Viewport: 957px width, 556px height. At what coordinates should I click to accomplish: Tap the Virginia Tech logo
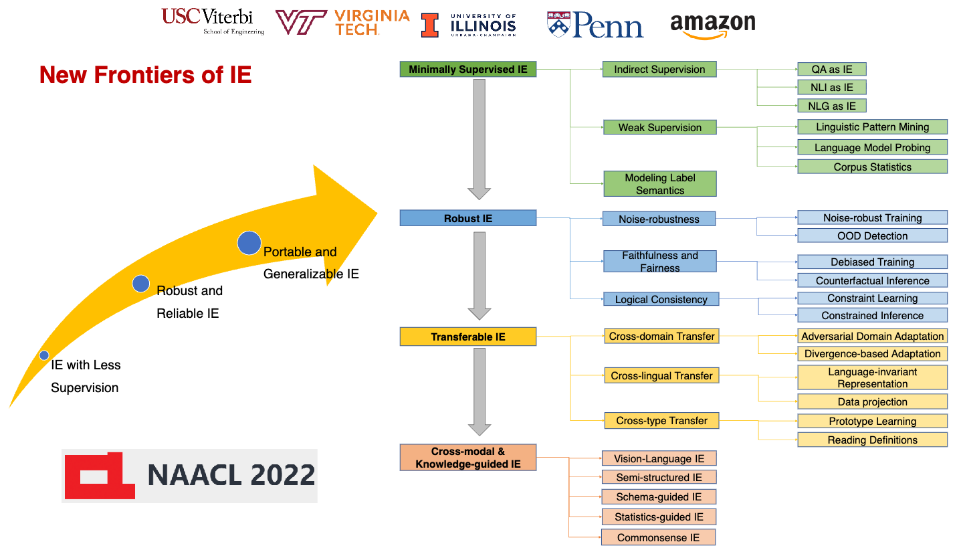342,22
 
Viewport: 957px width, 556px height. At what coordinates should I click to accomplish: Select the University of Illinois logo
468,25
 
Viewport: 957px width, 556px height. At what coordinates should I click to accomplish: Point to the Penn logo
595,25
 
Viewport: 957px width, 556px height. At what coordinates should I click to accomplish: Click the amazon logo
712,26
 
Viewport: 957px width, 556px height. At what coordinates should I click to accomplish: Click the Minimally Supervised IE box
468,69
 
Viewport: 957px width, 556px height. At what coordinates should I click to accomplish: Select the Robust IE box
468,218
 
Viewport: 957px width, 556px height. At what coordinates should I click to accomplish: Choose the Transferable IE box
468,337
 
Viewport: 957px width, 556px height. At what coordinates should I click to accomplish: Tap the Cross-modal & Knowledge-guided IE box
468,458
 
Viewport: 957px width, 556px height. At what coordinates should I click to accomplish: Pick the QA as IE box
832,69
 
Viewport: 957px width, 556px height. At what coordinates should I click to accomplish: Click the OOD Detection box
872,236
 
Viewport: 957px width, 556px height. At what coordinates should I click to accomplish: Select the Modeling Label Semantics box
660,184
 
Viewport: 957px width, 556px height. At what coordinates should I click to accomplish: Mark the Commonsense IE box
658,537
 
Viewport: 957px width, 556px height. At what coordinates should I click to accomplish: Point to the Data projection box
872,401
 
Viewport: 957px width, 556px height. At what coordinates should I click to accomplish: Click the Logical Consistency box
661,299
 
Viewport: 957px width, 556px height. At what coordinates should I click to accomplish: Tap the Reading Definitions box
872,440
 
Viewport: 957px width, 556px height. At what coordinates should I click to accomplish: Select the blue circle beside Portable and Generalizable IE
249,243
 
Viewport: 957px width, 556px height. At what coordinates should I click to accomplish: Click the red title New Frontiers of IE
145,75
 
